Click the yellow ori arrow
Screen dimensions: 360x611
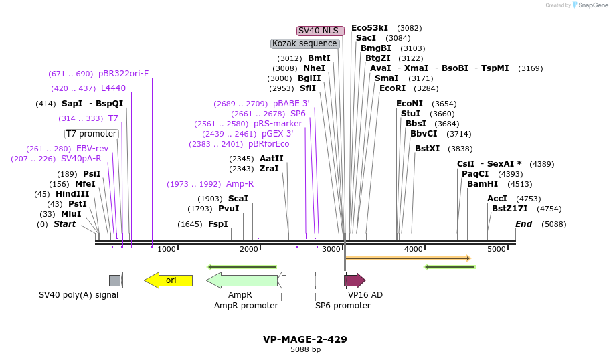tap(169, 280)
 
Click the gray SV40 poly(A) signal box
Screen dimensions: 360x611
tap(114, 280)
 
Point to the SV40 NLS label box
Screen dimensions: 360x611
tap(321, 31)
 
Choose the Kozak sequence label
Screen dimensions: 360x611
tap(304, 43)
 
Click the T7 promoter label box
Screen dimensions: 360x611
tap(91, 134)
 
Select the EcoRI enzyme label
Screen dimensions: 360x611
tap(392, 88)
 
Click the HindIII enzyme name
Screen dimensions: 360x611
tap(72, 194)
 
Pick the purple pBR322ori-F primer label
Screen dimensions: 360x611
tap(123, 74)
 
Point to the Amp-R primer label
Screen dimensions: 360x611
tap(240, 184)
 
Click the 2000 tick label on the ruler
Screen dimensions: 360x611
tap(249, 249)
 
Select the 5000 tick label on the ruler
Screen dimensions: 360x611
tap(497, 249)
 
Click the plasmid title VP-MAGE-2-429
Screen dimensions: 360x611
tap(305, 339)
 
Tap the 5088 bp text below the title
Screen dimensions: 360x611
tap(305, 349)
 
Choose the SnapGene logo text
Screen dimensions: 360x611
tap(593, 5)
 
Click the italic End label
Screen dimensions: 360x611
tap(523, 224)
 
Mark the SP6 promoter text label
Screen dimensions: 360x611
tap(343, 306)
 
